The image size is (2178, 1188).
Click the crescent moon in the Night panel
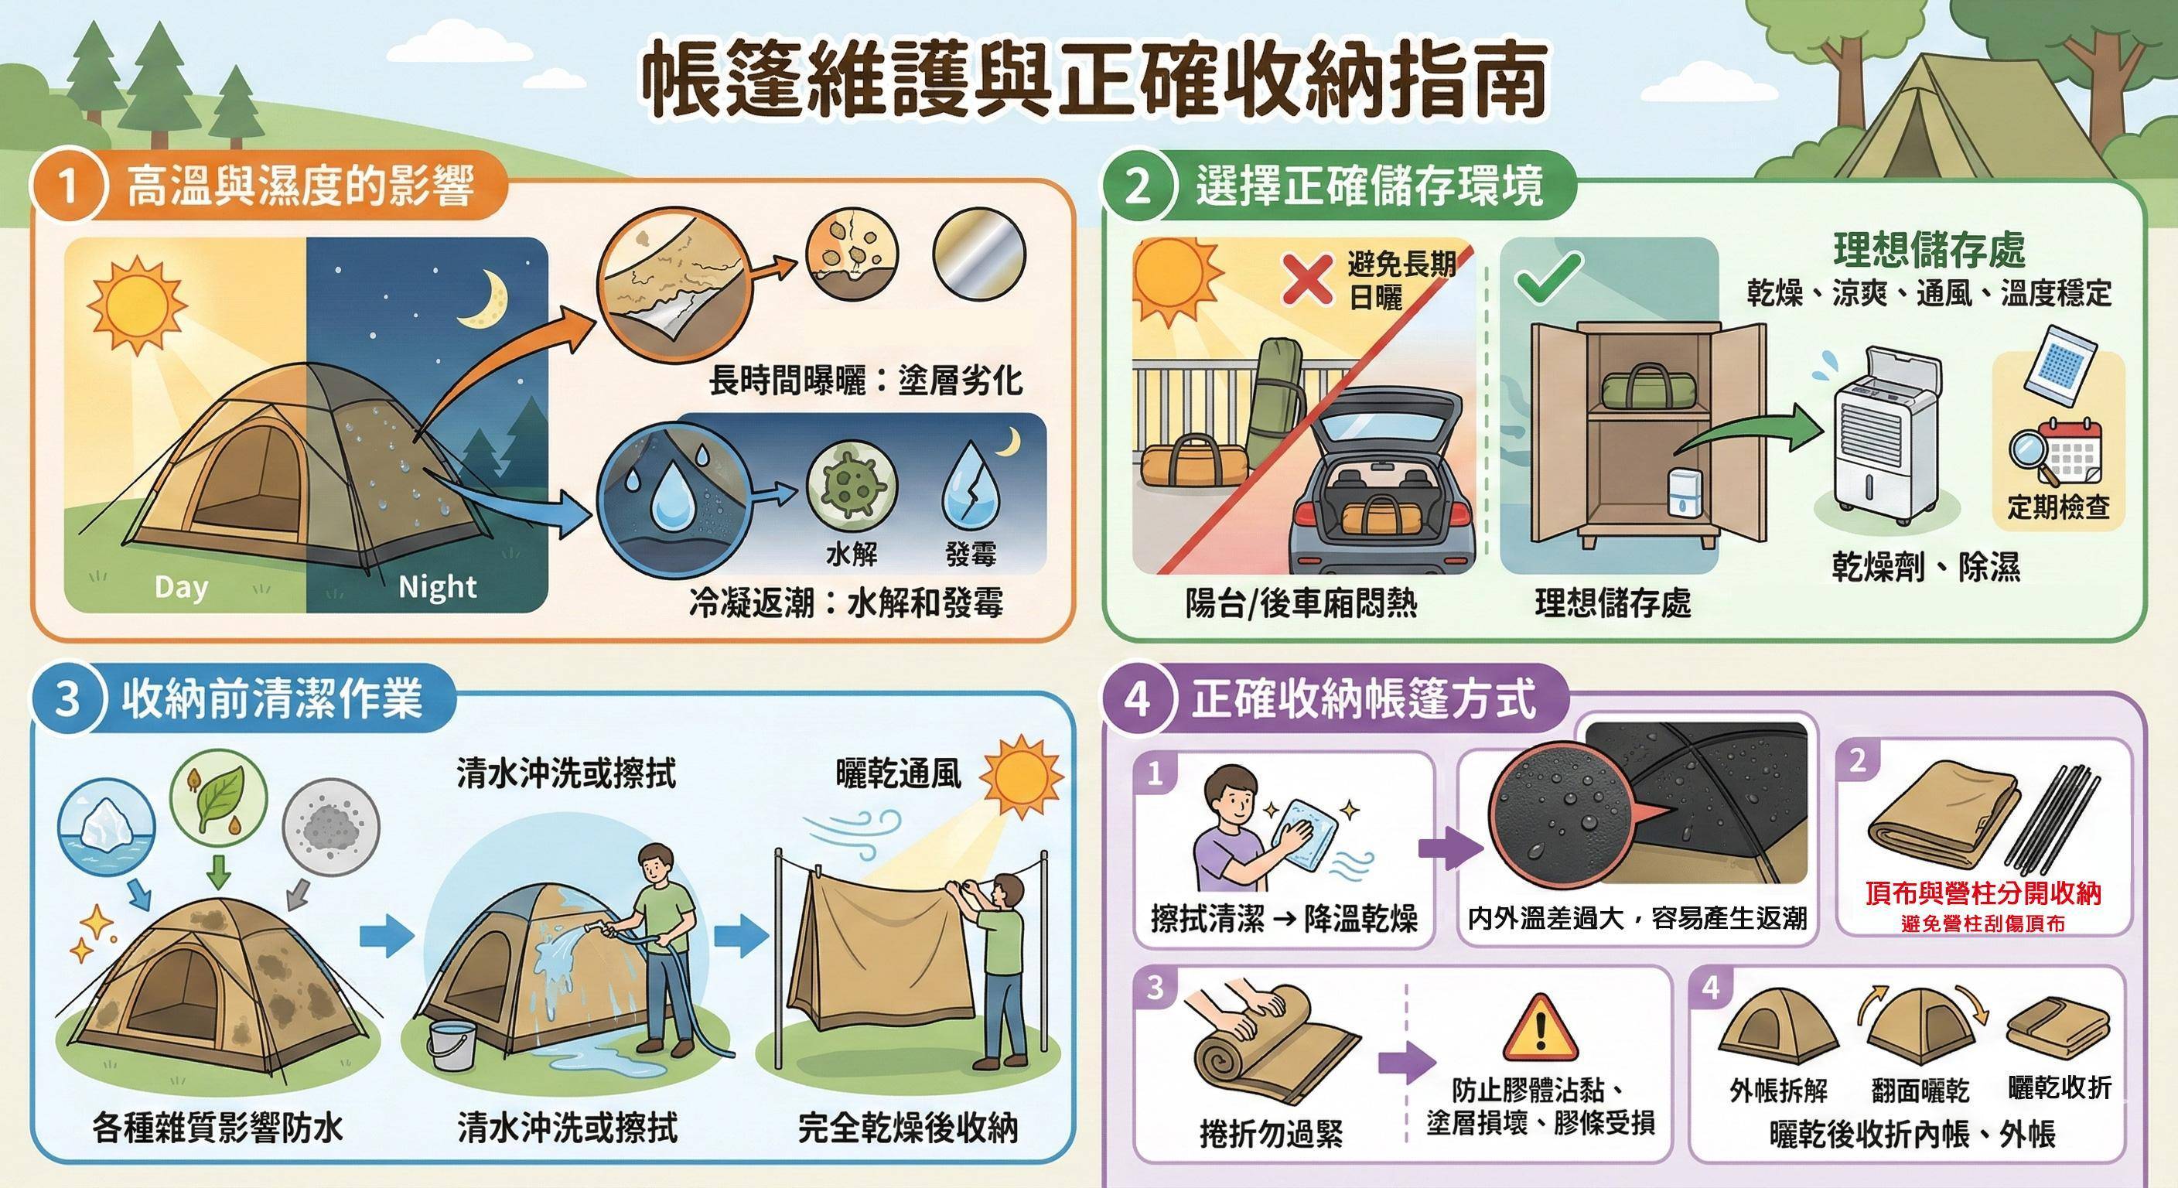click(484, 300)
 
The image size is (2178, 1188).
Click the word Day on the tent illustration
click(181, 588)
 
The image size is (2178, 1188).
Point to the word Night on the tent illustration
click(437, 587)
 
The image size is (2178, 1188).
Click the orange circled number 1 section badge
click(67, 186)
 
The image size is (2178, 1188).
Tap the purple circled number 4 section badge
click(1138, 699)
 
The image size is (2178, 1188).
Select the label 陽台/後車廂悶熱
click(1300, 603)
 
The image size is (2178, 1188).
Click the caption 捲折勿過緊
click(1271, 1134)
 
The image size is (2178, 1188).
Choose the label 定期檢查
click(2058, 507)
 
